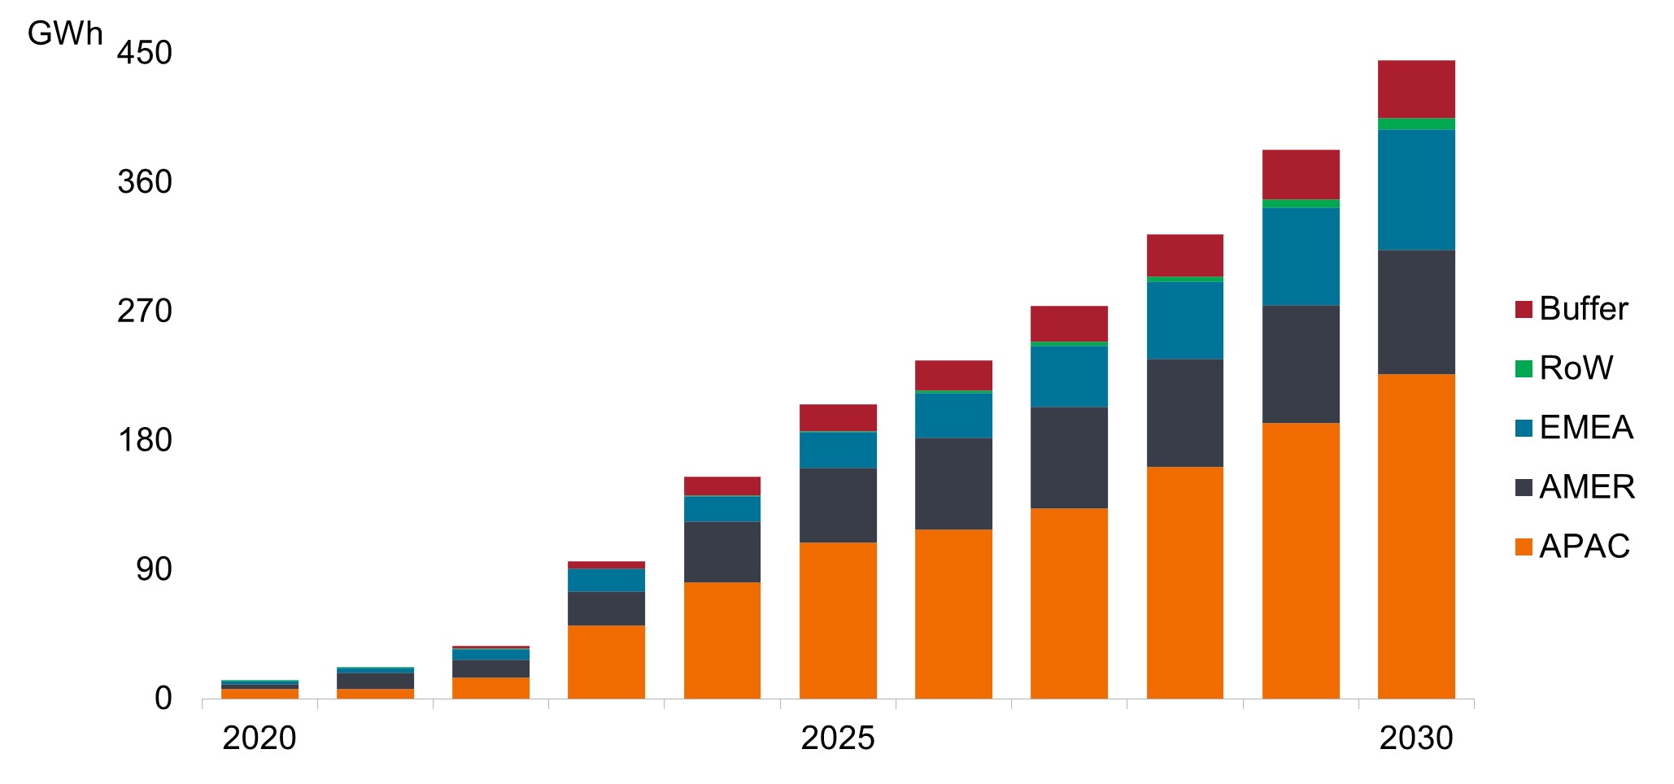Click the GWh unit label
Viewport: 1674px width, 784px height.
(65, 34)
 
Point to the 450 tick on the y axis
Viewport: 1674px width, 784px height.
(145, 54)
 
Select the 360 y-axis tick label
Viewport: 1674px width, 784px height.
(145, 182)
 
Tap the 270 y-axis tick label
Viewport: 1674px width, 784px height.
(145, 311)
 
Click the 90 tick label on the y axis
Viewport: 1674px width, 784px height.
(154, 569)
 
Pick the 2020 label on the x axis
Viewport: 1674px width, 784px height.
(259, 738)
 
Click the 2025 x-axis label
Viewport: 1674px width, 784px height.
(838, 738)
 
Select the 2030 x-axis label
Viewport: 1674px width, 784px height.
(1416, 738)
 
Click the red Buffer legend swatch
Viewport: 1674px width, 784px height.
(1524, 309)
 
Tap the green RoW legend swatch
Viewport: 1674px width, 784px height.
(1524, 368)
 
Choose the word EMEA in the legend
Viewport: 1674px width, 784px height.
(1586, 428)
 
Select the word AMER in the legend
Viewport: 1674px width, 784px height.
(1587, 487)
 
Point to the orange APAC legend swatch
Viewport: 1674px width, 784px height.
(1524, 547)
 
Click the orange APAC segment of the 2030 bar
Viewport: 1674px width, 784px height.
(1416, 537)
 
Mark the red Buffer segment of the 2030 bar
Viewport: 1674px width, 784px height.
(1416, 89)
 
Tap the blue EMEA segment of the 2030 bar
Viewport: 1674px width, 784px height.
(1416, 189)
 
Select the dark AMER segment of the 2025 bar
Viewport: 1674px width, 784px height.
(838, 505)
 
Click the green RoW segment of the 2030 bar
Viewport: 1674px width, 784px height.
(1416, 124)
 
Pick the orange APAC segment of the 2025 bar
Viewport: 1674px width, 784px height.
(838, 621)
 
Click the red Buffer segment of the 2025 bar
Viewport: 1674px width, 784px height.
(838, 417)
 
